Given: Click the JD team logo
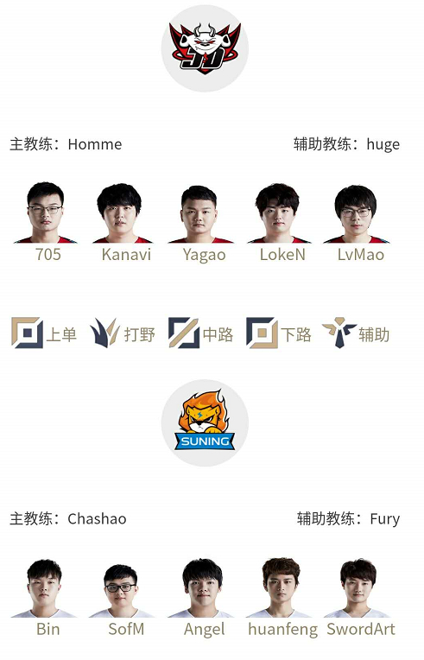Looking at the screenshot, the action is click(205, 48).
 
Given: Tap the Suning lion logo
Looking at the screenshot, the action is click(205, 421).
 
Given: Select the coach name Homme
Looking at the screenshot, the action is click(95, 144).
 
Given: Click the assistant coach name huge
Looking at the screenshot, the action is click(383, 145).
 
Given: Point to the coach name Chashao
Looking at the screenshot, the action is click(98, 518).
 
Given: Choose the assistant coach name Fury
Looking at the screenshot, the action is click(385, 519).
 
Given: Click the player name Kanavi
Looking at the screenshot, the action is click(126, 255).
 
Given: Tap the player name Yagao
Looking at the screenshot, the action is click(205, 256).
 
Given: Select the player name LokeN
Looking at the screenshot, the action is click(282, 255).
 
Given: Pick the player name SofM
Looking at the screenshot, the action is click(126, 629).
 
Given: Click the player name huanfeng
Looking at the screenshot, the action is click(282, 630).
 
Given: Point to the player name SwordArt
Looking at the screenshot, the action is click(361, 629).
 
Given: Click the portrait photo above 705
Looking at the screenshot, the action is click(46, 213).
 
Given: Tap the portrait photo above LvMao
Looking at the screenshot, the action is click(356, 214).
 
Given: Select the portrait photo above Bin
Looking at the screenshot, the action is click(44, 588).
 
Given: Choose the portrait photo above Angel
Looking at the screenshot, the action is click(202, 587).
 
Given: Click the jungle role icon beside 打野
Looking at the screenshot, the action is click(104, 333).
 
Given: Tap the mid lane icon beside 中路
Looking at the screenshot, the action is click(184, 333).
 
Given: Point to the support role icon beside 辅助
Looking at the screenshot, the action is click(339, 333).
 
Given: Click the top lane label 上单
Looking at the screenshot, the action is click(61, 335).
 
